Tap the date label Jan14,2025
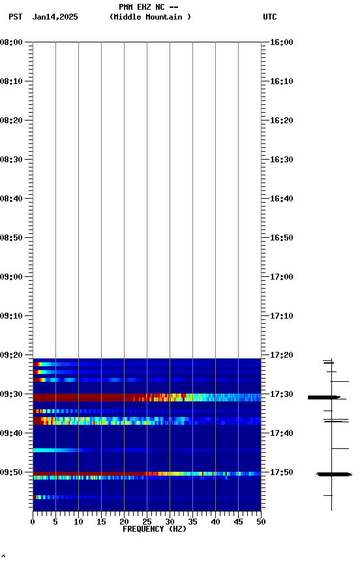(x=55, y=17)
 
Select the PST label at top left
(x=15, y=17)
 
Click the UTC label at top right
(x=270, y=17)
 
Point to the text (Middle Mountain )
(x=151, y=17)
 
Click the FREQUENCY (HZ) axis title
(x=154, y=529)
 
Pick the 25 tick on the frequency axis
(x=147, y=522)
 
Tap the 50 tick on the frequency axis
(x=260, y=522)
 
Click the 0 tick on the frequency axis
(x=33, y=522)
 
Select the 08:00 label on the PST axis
(x=12, y=42)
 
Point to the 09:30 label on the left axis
(x=12, y=394)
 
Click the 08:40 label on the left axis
(x=12, y=199)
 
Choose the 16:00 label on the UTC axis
(x=281, y=42)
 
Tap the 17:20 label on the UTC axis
(x=281, y=355)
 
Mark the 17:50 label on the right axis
(x=281, y=472)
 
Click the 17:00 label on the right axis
(x=281, y=277)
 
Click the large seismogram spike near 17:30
(x=323, y=397)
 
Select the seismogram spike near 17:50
(x=333, y=474)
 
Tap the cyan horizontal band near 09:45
(x=55, y=450)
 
